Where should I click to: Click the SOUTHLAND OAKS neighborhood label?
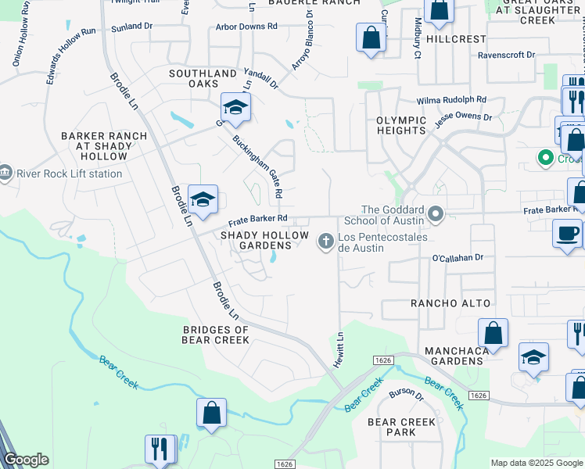[x=203, y=79]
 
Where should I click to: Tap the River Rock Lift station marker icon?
[x=7, y=172]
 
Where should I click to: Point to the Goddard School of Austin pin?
[x=436, y=213]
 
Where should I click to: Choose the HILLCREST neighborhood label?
[x=455, y=38]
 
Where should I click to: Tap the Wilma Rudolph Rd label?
[x=451, y=100]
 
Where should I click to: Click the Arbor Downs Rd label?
[x=246, y=26]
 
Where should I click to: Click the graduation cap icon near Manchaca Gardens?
[x=533, y=356]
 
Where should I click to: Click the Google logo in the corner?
[x=26, y=460]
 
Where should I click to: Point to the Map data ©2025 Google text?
[x=536, y=463]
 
